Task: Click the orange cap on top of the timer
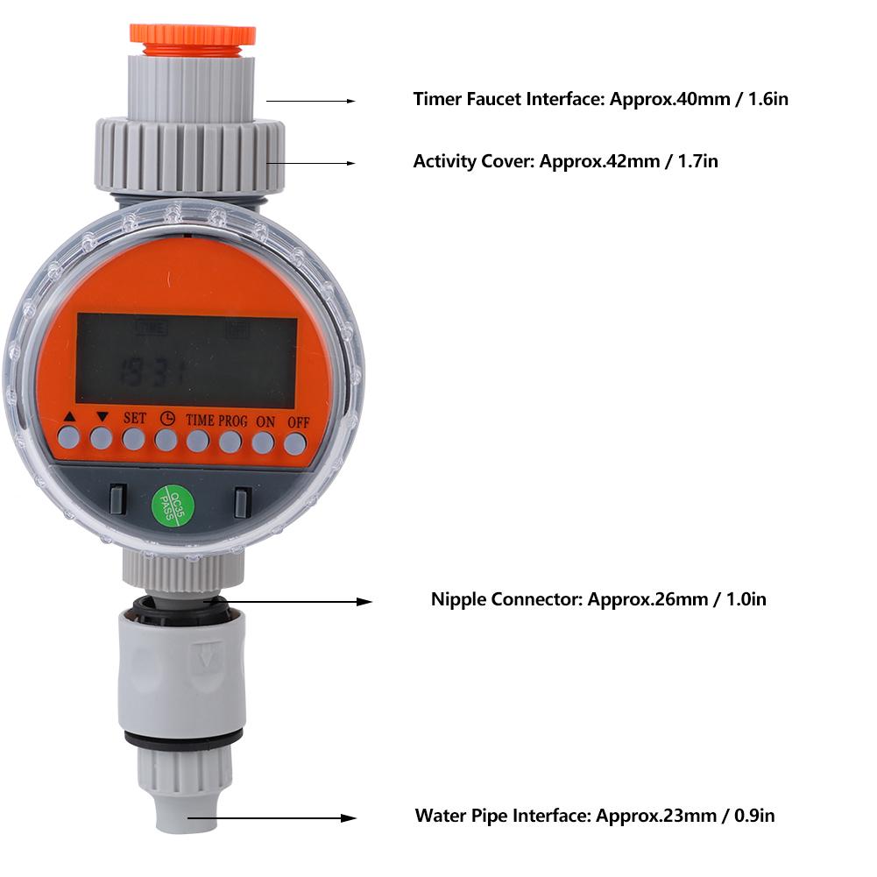tap(193, 35)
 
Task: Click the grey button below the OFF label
tap(294, 444)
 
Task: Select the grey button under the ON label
tap(263, 443)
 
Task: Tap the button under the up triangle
tap(69, 437)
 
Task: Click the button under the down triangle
tap(102, 438)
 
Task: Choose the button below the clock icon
tap(166, 440)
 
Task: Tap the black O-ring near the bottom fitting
tap(184, 739)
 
